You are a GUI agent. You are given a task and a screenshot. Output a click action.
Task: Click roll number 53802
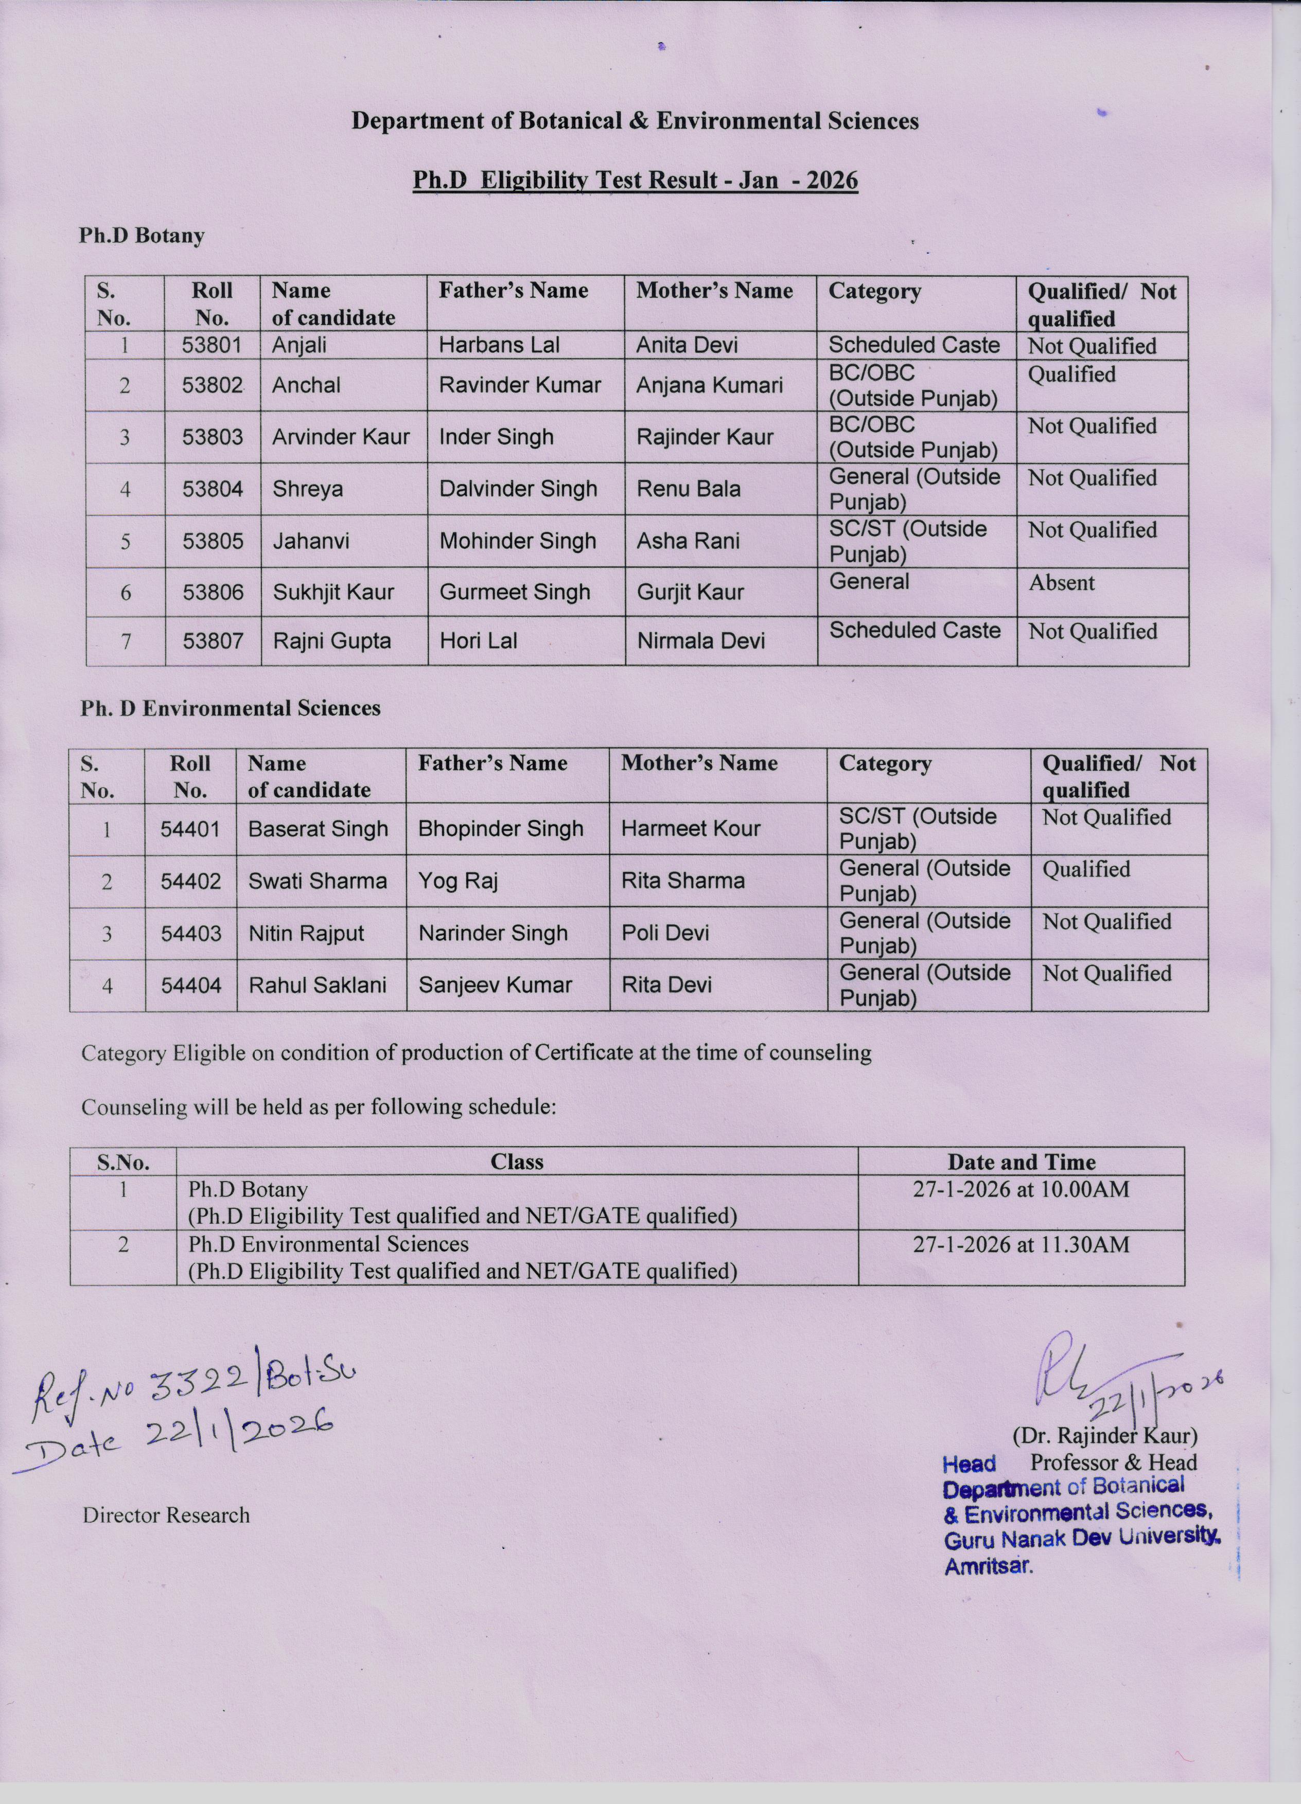click(x=212, y=385)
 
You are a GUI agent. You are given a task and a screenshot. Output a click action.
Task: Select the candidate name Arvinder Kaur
click(x=341, y=437)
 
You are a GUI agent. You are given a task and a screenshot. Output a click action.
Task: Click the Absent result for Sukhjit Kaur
click(x=1062, y=582)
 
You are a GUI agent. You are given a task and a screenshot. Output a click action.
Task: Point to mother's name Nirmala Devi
click(x=700, y=640)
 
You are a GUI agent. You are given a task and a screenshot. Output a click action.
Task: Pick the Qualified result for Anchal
click(x=1071, y=374)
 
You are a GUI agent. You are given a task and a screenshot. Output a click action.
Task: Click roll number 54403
click(x=191, y=933)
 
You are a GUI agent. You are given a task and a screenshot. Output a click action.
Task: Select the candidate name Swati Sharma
click(x=318, y=881)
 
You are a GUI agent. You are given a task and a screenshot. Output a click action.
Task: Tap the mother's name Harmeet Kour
click(x=690, y=829)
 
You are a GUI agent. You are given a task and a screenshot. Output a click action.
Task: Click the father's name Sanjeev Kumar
click(x=495, y=985)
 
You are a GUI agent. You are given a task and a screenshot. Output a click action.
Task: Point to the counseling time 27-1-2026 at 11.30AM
click(x=1021, y=1244)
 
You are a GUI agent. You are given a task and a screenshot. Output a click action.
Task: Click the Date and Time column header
click(x=1021, y=1162)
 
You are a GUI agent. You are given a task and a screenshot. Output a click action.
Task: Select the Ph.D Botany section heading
click(x=142, y=236)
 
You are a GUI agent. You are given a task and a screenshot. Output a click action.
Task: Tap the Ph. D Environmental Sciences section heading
click(x=230, y=708)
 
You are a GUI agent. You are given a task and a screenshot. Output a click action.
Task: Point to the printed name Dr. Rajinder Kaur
click(x=1104, y=1436)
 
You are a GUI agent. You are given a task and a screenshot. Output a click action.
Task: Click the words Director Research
click(x=166, y=1515)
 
